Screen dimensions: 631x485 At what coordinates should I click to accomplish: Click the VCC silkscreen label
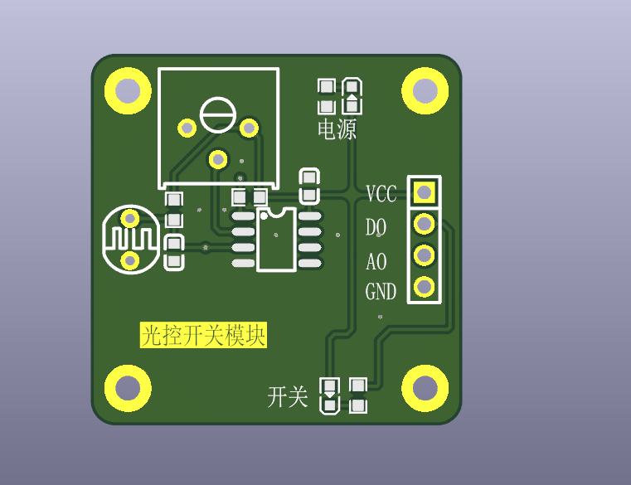coord(381,194)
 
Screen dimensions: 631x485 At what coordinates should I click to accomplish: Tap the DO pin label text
coord(376,227)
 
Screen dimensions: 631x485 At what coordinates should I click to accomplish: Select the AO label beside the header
coord(376,262)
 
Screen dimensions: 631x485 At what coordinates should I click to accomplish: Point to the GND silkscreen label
coord(381,291)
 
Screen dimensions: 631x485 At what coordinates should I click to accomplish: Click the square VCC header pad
coord(425,192)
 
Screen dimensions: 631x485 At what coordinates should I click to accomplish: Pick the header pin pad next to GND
coord(425,287)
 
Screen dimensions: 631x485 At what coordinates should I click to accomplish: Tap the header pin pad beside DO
coord(425,223)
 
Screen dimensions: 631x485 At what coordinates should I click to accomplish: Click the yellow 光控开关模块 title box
coord(203,335)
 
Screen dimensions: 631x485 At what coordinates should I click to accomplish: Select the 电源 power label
coord(337,129)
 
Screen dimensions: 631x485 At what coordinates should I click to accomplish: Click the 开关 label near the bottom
coord(288,397)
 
